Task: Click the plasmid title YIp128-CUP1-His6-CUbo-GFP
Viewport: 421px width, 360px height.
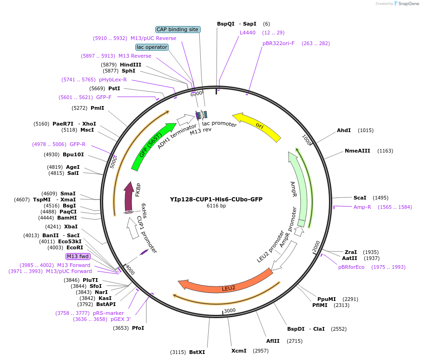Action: pyautogui.click(x=216, y=199)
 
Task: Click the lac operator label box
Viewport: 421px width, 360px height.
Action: pyautogui.click(x=152, y=47)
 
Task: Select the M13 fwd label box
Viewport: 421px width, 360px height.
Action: pyautogui.click(x=78, y=256)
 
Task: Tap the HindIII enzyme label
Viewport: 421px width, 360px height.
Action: pyautogui.click(x=131, y=65)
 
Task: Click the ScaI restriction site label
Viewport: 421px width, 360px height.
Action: pyautogui.click(x=360, y=198)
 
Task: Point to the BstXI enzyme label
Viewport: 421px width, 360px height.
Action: pyautogui.click(x=197, y=352)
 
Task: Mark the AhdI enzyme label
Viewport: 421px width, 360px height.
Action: pyautogui.click(x=344, y=130)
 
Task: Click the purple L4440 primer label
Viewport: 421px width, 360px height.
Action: pyautogui.click(x=248, y=33)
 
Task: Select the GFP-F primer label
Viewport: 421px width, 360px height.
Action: pyautogui.click(x=104, y=97)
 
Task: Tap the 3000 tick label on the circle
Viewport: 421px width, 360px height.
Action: pyautogui.click(x=230, y=310)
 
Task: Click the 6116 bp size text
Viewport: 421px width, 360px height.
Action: pyautogui.click(x=216, y=206)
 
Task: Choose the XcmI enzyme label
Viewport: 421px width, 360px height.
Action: pyautogui.click(x=239, y=350)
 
